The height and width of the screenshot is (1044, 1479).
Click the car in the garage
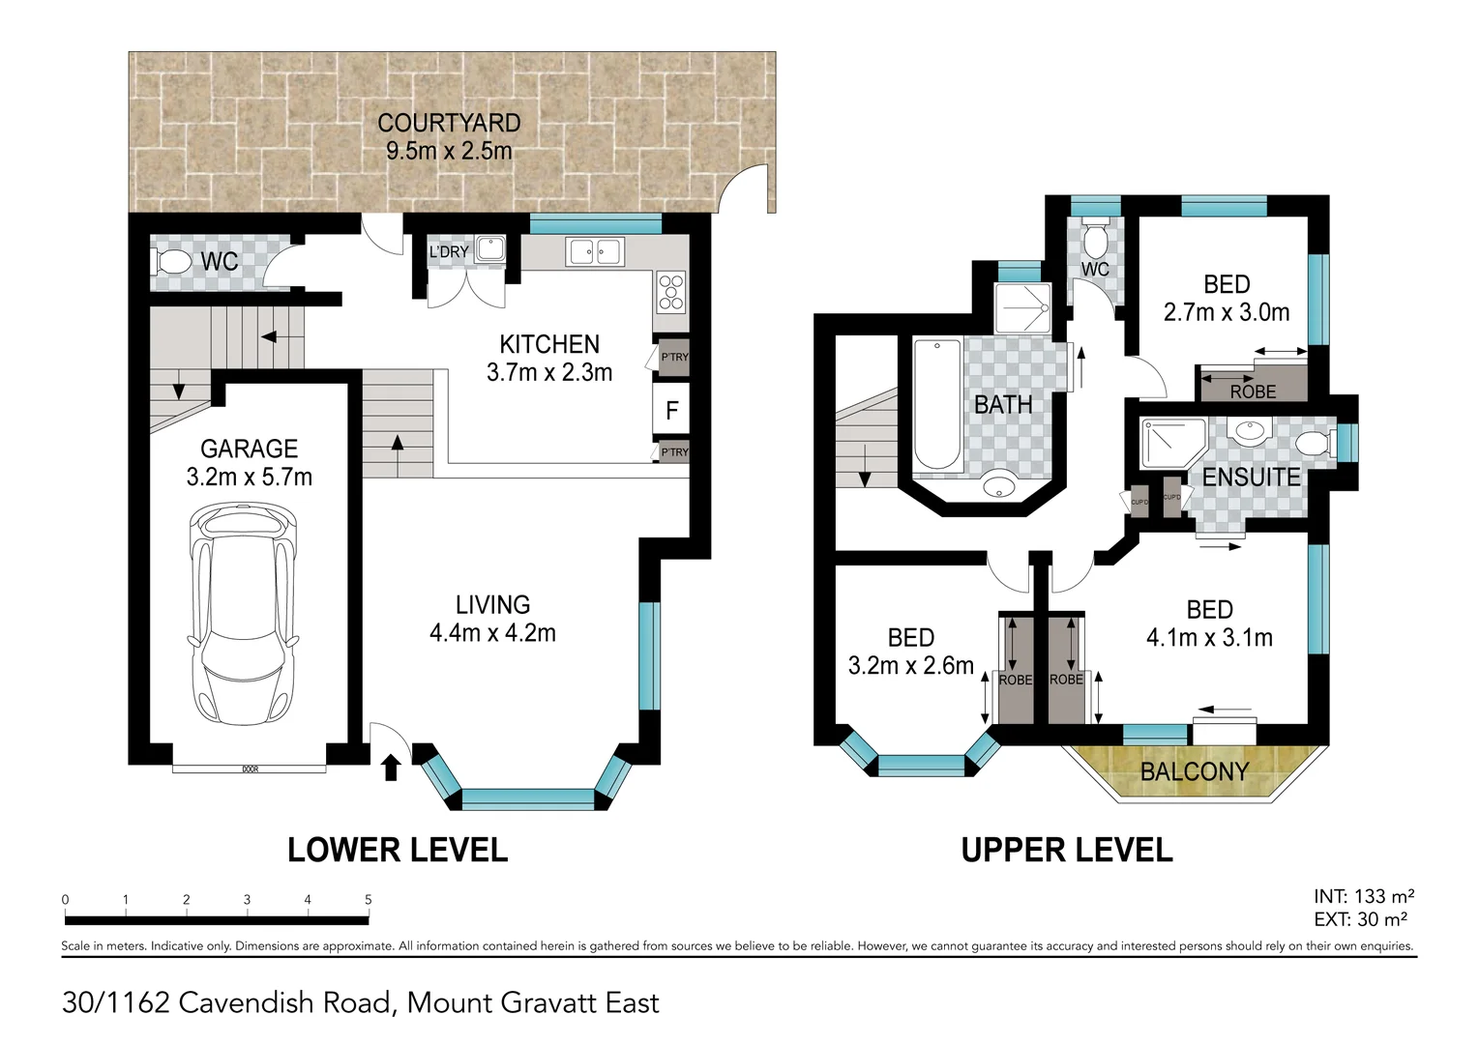pyautogui.click(x=243, y=614)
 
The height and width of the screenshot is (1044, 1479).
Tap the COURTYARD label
pyautogui.click(x=449, y=124)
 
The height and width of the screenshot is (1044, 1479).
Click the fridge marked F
pyautogui.click(x=672, y=411)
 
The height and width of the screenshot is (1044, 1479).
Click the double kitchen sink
pyautogui.click(x=595, y=251)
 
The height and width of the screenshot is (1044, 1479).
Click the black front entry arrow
pyautogui.click(x=391, y=768)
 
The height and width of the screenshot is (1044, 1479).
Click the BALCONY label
pyautogui.click(x=1195, y=771)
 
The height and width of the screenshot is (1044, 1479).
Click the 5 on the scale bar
pyautogui.click(x=368, y=899)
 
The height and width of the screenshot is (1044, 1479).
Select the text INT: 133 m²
pyautogui.click(x=1364, y=896)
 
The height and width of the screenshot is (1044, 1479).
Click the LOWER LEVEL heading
pyautogui.click(x=397, y=850)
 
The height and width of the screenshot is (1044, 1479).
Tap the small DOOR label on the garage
pyautogui.click(x=251, y=769)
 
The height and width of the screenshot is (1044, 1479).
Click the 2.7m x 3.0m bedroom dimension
pyautogui.click(x=1226, y=312)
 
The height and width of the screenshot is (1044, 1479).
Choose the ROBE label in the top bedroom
pyautogui.click(x=1253, y=391)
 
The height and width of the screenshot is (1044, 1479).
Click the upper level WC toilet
pyautogui.click(x=1095, y=238)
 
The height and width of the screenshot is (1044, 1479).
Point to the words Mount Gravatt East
pyautogui.click(x=533, y=1002)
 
